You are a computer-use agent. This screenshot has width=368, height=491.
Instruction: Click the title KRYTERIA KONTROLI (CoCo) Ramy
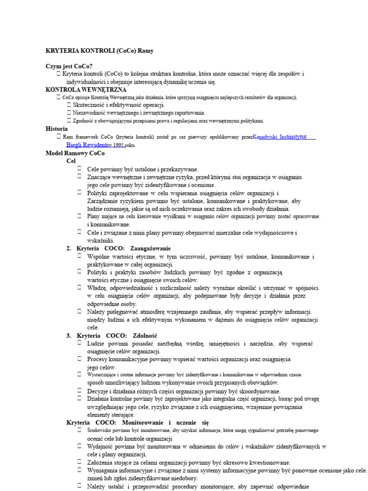(x=100, y=50)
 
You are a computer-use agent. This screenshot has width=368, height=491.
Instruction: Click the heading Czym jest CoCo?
(x=69, y=66)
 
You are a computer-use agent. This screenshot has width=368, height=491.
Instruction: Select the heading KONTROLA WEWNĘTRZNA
(x=86, y=90)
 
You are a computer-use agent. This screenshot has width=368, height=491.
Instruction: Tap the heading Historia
(x=57, y=129)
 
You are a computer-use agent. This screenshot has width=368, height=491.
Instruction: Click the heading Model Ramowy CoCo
(x=75, y=153)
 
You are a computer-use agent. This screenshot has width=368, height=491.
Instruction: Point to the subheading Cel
(x=71, y=161)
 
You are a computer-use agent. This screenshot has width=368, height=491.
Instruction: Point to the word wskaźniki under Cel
(x=100, y=240)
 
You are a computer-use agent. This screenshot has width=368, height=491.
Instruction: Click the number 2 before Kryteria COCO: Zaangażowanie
(x=69, y=248)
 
